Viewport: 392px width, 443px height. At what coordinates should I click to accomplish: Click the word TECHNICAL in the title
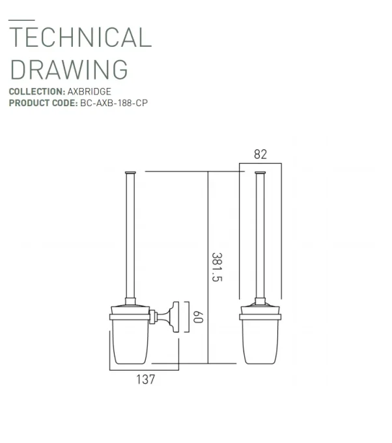[x=80, y=38]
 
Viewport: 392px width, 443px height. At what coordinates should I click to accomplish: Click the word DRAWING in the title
[x=68, y=69]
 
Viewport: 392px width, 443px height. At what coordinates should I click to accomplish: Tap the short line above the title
[x=21, y=21]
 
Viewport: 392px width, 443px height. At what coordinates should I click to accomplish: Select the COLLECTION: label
[x=36, y=92]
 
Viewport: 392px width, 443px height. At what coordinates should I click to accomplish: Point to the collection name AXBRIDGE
[x=89, y=92]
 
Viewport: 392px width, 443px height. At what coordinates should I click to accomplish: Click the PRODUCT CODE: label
[x=42, y=102]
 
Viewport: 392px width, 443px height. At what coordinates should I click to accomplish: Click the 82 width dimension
[x=260, y=154]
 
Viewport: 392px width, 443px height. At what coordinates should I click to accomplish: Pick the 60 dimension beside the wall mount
[x=198, y=319]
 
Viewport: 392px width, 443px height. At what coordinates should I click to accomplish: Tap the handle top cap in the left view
[x=128, y=172]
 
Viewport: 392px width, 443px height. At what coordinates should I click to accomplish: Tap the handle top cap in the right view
[x=261, y=172]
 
